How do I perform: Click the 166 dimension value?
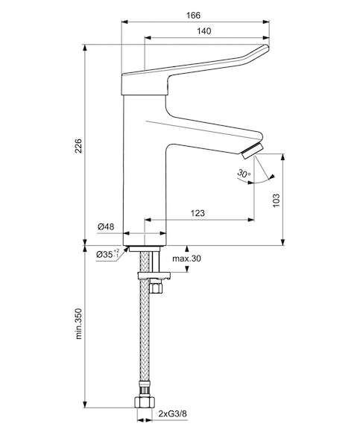(x=193, y=16)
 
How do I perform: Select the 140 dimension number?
(x=204, y=31)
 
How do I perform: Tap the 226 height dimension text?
(x=78, y=146)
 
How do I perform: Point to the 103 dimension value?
(x=276, y=200)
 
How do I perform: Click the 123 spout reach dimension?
(x=198, y=213)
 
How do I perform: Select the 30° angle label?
(x=244, y=174)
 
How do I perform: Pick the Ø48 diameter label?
(x=106, y=227)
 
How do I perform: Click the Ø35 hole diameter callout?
(x=107, y=254)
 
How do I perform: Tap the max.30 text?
(x=186, y=259)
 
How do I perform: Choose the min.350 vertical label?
(x=78, y=323)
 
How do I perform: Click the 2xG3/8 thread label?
(x=173, y=413)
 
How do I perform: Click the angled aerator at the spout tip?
(x=252, y=151)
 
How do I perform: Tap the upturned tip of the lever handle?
(x=265, y=48)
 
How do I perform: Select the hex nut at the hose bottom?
(x=145, y=402)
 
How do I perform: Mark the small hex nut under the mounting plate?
(x=156, y=288)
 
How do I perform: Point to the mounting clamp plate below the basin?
(x=154, y=276)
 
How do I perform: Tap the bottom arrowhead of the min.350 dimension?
(x=85, y=405)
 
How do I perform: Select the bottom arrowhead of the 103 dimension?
(x=282, y=242)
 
